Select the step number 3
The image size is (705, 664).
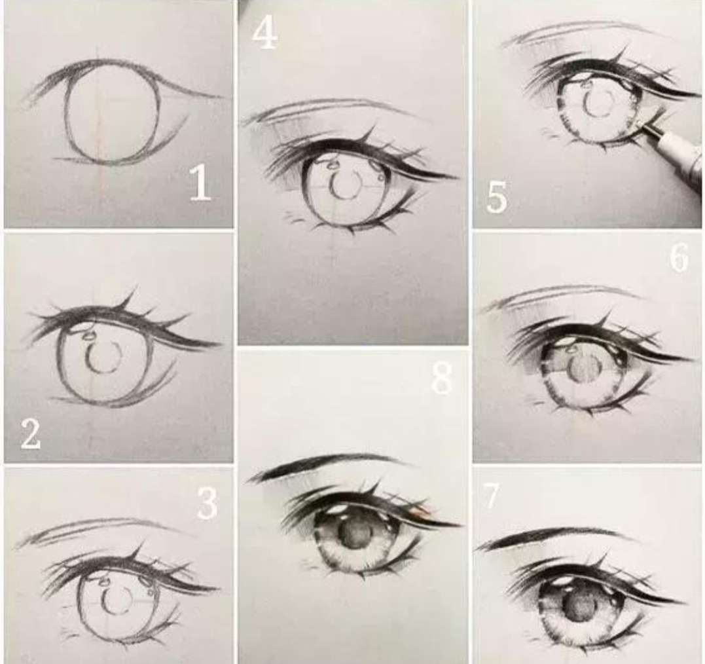207,504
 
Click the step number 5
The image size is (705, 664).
496,197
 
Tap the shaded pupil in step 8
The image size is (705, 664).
354,534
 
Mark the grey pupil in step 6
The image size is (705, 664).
583,367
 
